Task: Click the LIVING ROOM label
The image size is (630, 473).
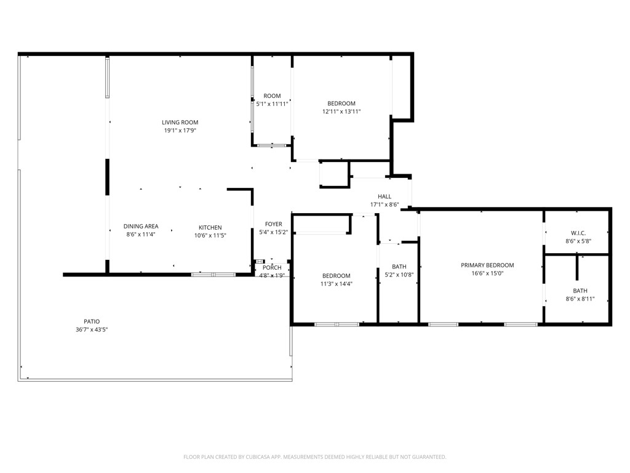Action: [x=180, y=123]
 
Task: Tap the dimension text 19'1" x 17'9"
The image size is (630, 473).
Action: [x=180, y=131]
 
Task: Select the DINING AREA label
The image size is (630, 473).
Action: [x=140, y=227]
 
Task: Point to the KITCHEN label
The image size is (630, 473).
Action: [x=210, y=227]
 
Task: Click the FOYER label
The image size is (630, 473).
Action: [x=273, y=224]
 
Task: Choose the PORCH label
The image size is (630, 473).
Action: [x=272, y=267]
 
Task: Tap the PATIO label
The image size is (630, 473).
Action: [x=92, y=321]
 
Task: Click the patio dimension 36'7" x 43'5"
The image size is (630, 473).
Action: [x=92, y=329]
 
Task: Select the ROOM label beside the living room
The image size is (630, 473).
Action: [x=272, y=96]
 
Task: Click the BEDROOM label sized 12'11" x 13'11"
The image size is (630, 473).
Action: [x=341, y=103]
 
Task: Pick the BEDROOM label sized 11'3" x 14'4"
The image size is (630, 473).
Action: [x=337, y=276]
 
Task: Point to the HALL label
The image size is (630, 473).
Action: [x=385, y=196]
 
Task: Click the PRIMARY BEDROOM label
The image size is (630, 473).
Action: [x=487, y=265]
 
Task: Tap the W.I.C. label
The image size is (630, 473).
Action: [x=578, y=233]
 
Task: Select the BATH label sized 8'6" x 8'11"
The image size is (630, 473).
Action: [x=580, y=291]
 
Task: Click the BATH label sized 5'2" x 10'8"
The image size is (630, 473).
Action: [x=399, y=267]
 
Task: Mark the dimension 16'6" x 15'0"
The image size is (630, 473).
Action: [x=487, y=273]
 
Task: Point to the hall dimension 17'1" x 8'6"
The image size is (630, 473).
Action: [x=385, y=204]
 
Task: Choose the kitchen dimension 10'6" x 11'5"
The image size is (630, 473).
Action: [x=210, y=235]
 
